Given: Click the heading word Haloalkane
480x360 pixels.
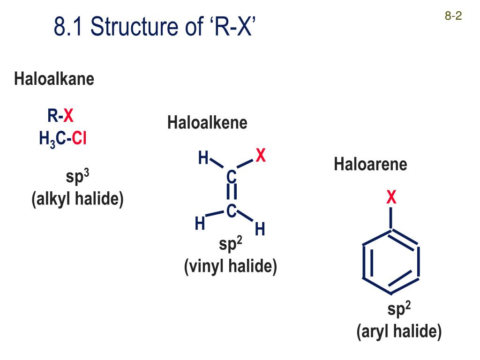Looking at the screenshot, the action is tap(54, 79).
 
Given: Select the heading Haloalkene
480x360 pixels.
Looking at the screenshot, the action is tap(207, 123).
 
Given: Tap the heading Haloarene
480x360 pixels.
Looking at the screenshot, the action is tap(370, 165).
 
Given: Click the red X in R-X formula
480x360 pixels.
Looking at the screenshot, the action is tap(68, 115).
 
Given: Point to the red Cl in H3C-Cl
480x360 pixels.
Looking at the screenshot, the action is tap(79, 139).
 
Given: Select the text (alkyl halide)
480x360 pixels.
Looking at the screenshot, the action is tap(77, 199).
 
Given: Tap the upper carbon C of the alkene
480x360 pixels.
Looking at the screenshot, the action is tap(231, 177).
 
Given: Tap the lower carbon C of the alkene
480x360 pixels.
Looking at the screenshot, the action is tap(231, 211).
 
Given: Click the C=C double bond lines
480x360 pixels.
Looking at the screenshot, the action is tap(231, 194).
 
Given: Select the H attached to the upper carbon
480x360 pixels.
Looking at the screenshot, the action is tap(203, 158).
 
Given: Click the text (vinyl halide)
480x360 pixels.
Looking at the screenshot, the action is tap(231, 267).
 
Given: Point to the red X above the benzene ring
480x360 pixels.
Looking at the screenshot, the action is tap(391, 198).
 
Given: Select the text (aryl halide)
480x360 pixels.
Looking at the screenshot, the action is tap(399, 332).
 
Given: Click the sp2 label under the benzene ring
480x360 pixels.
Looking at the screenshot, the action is tap(399, 310).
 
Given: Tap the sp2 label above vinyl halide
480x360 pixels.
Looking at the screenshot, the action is tap(230, 245).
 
